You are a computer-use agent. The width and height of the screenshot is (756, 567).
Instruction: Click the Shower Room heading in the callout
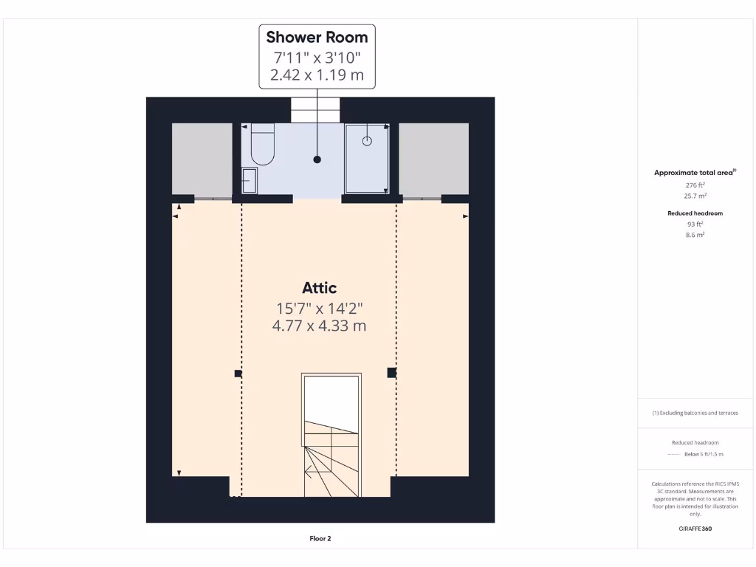(x=317, y=37)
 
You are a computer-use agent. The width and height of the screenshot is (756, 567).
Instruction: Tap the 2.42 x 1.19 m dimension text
(x=317, y=75)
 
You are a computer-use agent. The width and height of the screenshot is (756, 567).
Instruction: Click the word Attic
(x=319, y=288)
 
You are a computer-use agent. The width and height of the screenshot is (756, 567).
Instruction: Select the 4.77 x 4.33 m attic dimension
(x=319, y=325)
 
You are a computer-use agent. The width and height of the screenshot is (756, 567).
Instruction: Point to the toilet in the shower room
(x=262, y=145)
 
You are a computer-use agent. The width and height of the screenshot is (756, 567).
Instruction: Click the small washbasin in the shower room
(x=249, y=180)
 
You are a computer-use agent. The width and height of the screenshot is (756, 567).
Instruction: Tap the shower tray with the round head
(x=367, y=157)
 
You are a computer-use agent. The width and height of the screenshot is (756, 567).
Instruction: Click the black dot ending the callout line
(x=317, y=159)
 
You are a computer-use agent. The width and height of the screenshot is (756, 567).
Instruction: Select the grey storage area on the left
(x=202, y=159)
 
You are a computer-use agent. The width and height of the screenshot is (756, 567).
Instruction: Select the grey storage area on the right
(x=433, y=159)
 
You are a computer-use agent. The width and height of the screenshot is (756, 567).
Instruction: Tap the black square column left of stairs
(x=238, y=374)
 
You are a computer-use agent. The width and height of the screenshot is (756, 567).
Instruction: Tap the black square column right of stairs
(x=391, y=373)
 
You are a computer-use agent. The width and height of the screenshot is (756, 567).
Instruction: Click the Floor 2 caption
(x=320, y=539)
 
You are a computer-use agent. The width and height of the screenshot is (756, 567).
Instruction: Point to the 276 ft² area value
(x=695, y=185)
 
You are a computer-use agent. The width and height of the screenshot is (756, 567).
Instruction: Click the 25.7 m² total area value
(x=695, y=196)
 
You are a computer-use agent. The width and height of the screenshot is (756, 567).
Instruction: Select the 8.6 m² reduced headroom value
(x=695, y=235)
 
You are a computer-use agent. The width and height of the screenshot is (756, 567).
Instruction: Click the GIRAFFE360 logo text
(x=695, y=529)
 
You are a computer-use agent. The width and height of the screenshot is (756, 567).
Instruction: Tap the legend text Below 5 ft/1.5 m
(x=704, y=454)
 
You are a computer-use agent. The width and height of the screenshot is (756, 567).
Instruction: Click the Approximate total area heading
(x=694, y=173)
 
